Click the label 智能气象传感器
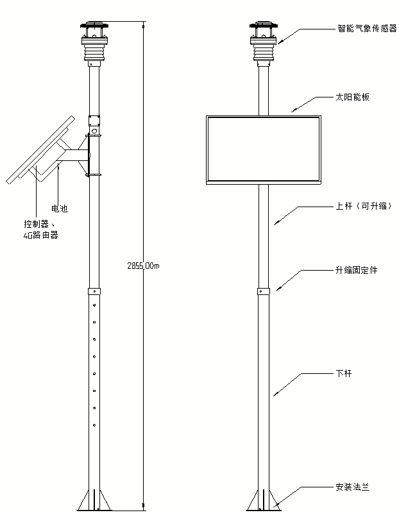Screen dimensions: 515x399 click(367, 29)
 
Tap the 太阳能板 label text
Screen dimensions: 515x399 click(352, 97)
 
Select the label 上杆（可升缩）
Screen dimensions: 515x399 click(362, 207)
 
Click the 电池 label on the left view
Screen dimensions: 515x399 click(59, 208)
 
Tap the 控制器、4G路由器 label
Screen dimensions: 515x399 click(40, 230)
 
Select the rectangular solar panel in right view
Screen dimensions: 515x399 click(262, 149)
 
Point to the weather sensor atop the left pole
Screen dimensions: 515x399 click(94, 42)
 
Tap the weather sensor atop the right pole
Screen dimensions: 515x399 click(263, 42)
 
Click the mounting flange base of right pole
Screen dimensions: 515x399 click(263, 501)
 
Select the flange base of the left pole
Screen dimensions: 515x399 click(94, 501)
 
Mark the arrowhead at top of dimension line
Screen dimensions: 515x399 click(142, 26)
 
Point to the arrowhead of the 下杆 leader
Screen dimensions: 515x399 click(275, 394)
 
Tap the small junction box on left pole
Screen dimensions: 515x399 click(94, 120)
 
